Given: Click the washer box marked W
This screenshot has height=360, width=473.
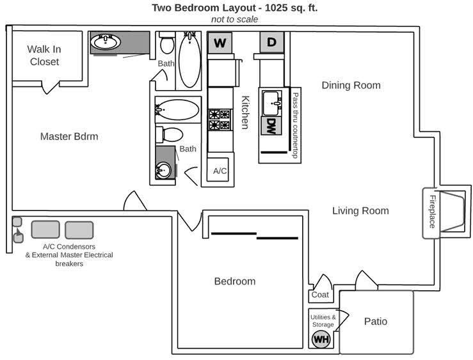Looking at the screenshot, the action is tap(220, 42).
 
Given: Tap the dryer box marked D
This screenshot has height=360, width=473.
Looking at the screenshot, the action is tap(272, 42).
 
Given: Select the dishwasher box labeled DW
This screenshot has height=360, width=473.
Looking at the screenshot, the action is tap(271, 126).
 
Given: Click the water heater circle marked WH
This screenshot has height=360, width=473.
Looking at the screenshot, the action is tap(321, 339).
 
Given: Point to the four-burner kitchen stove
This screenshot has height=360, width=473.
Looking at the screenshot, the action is tap(220, 120).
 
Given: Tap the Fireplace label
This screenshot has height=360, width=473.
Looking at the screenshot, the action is tap(433, 212).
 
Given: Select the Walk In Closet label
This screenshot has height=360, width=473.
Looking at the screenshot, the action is tap(44, 55).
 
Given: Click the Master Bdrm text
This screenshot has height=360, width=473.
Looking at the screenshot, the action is tap(69, 136).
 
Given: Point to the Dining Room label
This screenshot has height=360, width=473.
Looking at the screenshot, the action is tap(351, 85).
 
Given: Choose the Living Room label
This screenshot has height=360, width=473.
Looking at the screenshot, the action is tap(360, 210).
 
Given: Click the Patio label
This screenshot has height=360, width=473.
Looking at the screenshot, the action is tap(376, 321).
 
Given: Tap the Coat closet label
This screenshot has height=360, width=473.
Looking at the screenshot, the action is tap(320, 294).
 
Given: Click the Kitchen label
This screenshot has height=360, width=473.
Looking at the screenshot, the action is tap(246, 112).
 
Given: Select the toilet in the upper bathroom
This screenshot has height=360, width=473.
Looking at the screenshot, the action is tap(166, 42).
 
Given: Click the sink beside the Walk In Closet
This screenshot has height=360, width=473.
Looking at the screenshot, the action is tap(106, 42).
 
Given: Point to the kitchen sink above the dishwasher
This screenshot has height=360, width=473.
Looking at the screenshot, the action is tap(271, 104).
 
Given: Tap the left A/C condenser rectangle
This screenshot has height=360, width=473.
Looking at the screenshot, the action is tap(45, 230).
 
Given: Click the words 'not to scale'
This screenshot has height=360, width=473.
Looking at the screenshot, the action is tap(234, 19).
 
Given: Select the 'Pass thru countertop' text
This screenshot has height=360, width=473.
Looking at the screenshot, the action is tap(295, 125).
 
